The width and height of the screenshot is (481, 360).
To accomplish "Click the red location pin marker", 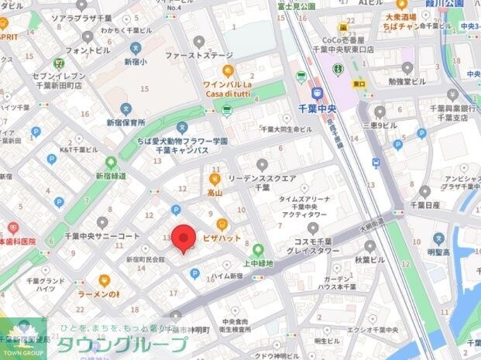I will pyautogui.click(x=183, y=238).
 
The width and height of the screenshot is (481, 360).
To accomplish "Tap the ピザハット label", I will pyautogui.click(x=222, y=238).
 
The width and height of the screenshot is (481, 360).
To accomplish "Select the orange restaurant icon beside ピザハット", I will pyautogui.click(x=221, y=224).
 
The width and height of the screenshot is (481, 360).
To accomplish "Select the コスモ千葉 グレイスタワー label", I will pyautogui.click(x=314, y=245).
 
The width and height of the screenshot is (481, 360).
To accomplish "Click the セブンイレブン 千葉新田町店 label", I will pyautogui.click(x=58, y=81).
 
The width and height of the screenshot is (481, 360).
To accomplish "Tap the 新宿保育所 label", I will pyautogui.click(x=125, y=122).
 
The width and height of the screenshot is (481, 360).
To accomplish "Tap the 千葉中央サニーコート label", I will pyautogui.click(x=101, y=235).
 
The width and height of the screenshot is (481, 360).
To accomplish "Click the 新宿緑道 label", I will pyautogui.click(x=110, y=176).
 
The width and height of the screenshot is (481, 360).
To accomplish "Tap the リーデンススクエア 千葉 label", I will pyautogui.click(x=262, y=182).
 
